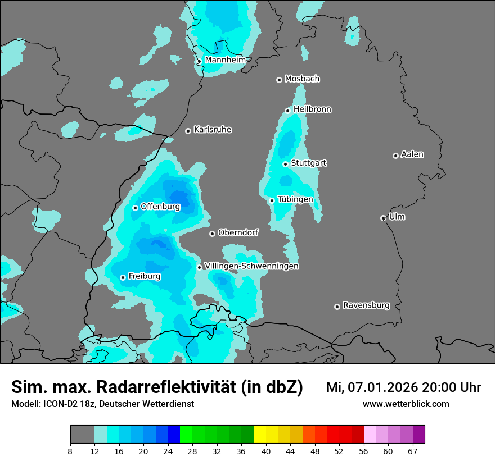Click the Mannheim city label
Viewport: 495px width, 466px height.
(225, 60)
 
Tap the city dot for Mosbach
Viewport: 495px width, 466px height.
(279, 80)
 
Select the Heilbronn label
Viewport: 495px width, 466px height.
(312, 109)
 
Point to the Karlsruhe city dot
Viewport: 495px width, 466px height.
(188, 131)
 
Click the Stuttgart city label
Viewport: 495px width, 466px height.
(308, 163)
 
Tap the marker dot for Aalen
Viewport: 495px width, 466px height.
(395, 156)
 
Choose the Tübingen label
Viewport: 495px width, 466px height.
(295, 199)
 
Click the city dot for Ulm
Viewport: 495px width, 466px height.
(383, 218)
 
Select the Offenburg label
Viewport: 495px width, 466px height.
(160, 206)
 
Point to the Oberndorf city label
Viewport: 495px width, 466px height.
(238, 232)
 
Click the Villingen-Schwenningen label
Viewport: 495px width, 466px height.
(251, 266)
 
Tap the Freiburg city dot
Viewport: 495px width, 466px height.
(123, 277)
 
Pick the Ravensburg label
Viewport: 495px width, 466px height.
(366, 305)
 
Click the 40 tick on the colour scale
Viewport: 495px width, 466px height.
(266, 451)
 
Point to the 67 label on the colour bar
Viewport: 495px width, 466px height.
(413, 451)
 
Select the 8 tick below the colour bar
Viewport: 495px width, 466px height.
(70, 451)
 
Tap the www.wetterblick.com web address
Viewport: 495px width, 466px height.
(406, 404)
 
